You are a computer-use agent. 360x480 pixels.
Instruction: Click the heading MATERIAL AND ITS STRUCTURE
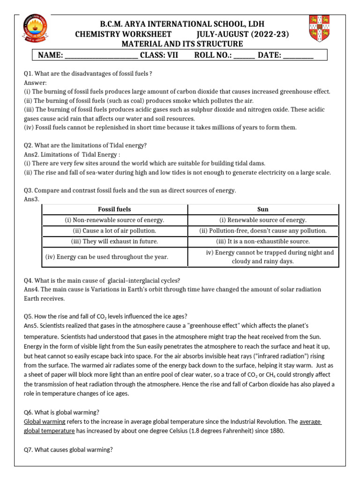click(x=182, y=44)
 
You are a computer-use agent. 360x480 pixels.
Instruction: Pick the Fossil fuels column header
click(x=114, y=209)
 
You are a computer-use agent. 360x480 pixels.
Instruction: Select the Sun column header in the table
click(x=263, y=209)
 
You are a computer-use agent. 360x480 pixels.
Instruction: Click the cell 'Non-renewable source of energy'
click(x=114, y=220)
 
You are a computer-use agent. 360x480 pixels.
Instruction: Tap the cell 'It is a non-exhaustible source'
click(x=263, y=241)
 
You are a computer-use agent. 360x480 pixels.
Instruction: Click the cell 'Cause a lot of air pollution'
click(x=114, y=231)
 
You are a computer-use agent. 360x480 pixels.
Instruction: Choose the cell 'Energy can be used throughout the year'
click(x=107, y=257)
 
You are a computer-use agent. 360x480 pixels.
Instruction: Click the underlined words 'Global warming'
click(x=45, y=421)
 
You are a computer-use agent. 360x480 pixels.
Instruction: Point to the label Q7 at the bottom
click(x=29, y=450)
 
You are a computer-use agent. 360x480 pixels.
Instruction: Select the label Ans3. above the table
click(x=32, y=199)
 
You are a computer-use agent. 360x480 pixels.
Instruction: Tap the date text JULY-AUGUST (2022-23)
click(x=243, y=34)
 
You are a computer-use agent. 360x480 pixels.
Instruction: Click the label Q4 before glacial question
click(x=29, y=280)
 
